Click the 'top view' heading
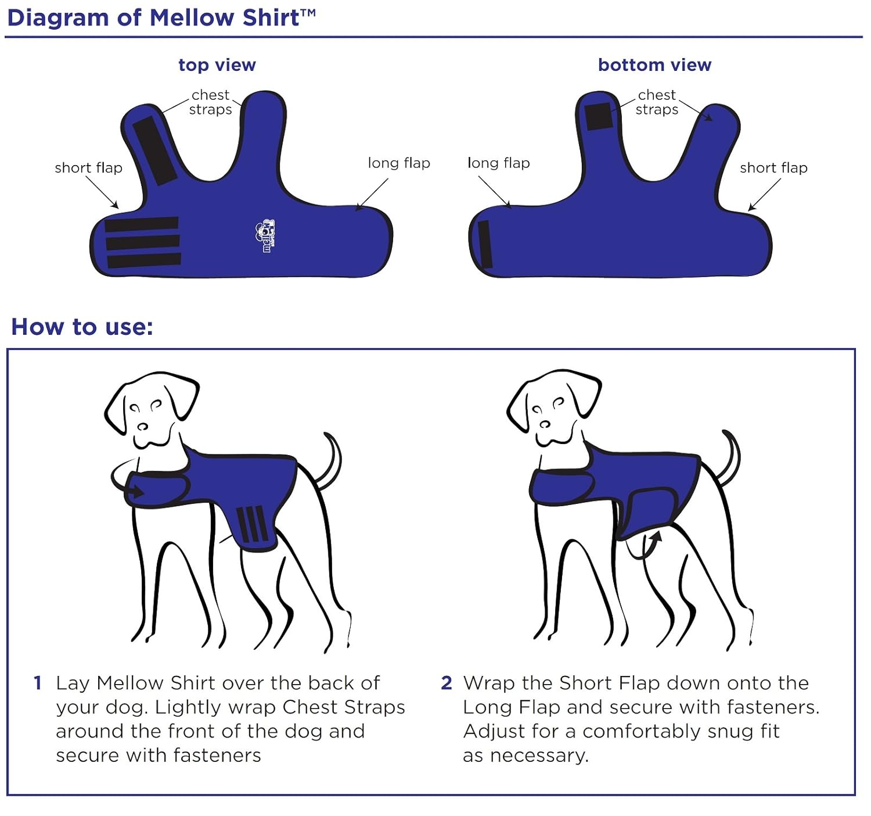(217, 65)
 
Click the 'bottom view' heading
(654, 65)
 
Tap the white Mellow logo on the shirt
(265, 236)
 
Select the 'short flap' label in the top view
(88, 167)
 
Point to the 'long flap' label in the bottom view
(498, 163)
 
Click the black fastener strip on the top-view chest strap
(154, 150)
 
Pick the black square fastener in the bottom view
(599, 116)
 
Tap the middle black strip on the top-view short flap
(142, 242)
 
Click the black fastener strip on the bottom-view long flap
(485, 244)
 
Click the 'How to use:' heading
(82, 327)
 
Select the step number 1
(38, 683)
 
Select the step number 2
(446, 683)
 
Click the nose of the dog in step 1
(142, 426)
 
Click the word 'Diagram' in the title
(58, 19)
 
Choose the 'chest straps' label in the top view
(211, 102)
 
